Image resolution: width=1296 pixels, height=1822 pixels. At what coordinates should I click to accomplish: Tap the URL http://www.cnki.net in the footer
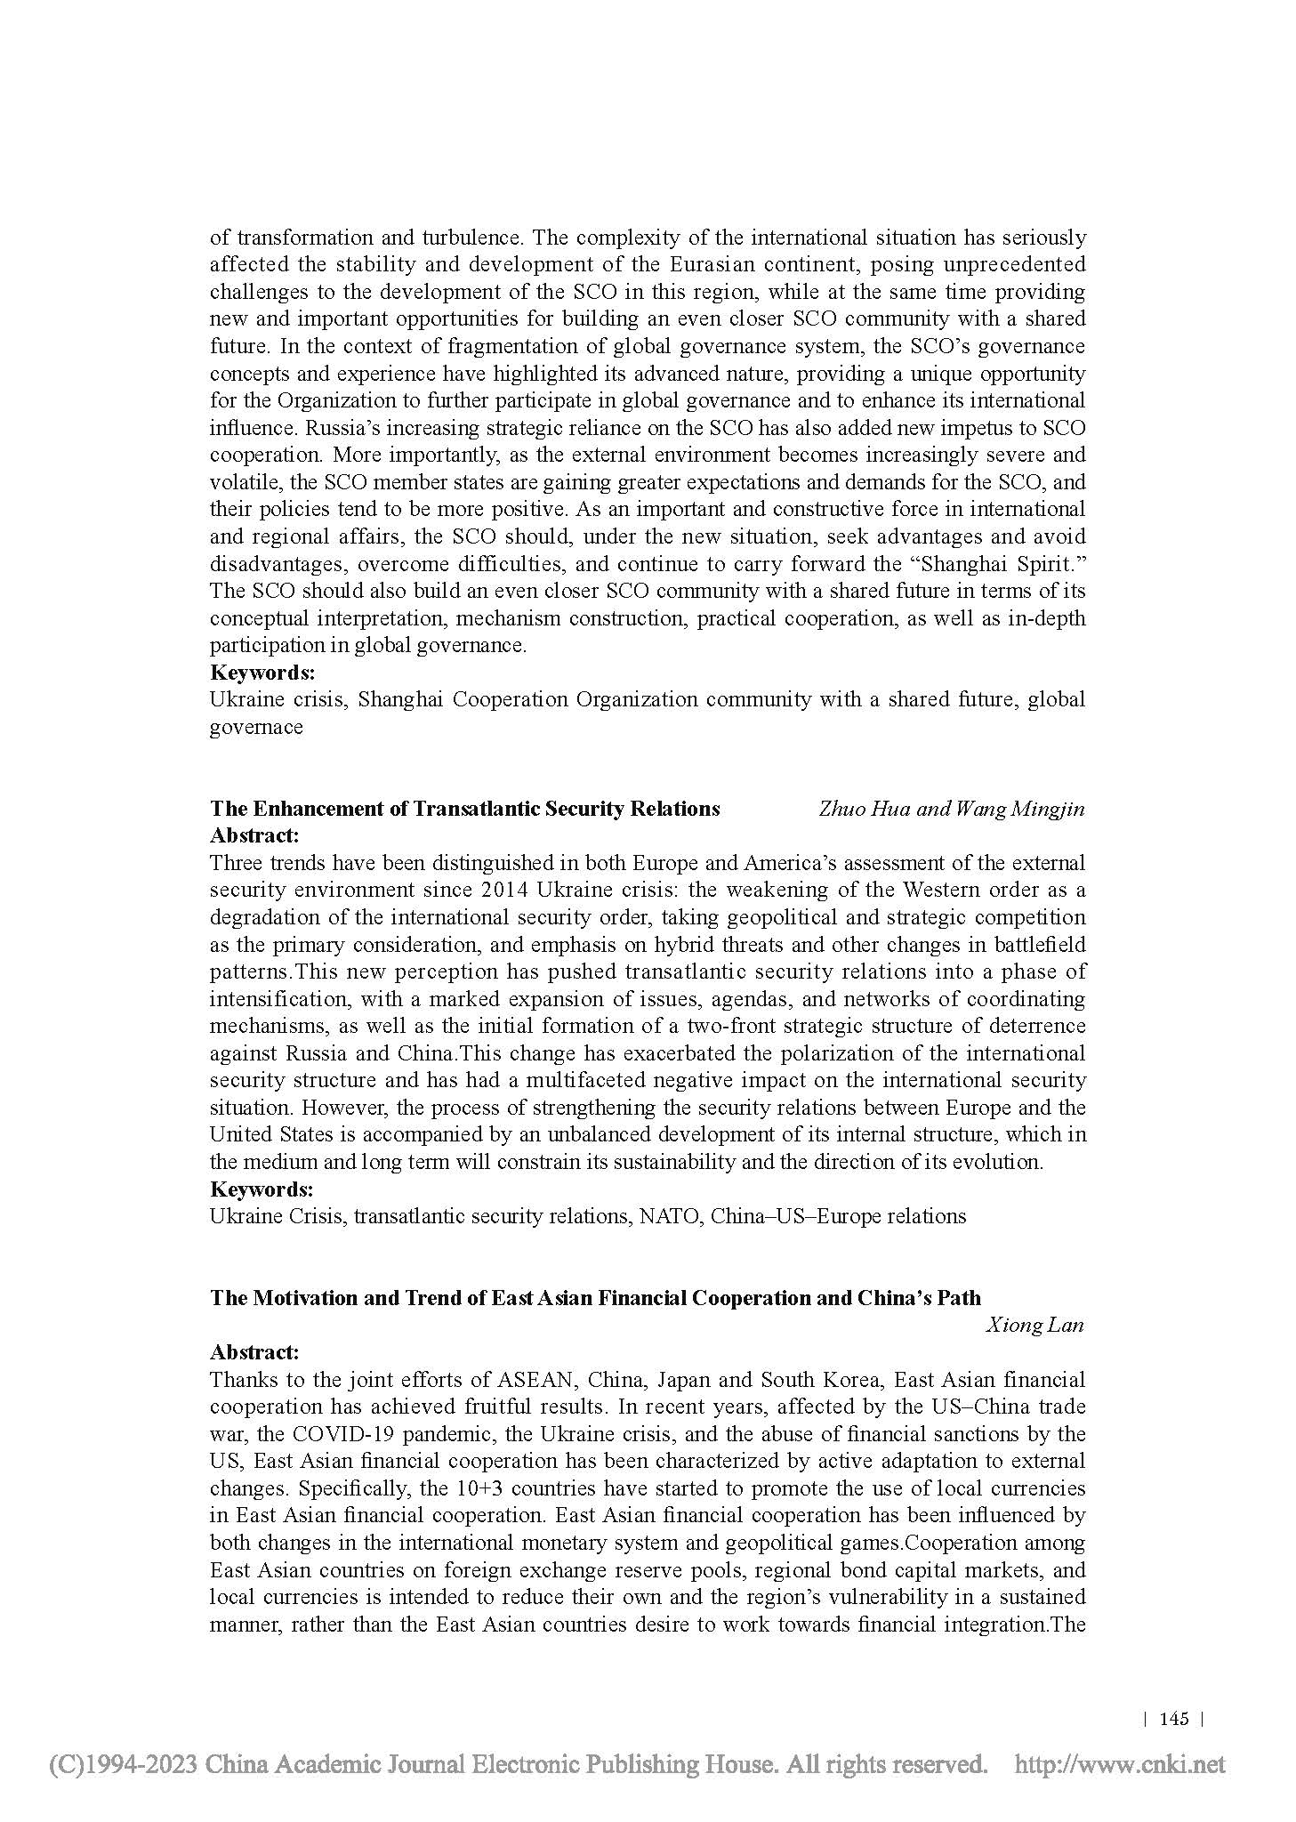point(1120,1763)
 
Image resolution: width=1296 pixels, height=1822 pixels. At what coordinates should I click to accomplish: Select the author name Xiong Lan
point(1034,1325)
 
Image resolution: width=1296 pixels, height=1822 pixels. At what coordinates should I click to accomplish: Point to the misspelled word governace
point(256,727)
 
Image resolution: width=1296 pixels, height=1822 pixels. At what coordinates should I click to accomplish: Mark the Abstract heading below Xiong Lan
point(254,1352)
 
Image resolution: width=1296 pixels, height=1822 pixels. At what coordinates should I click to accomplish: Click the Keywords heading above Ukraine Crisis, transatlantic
point(262,1189)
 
